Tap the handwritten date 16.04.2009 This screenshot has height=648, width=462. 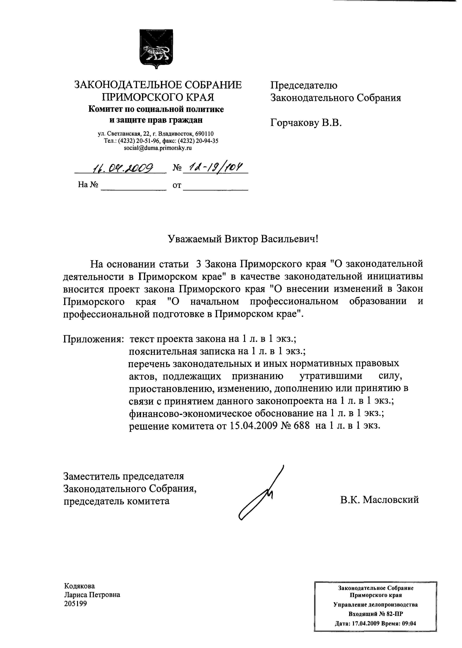tap(123, 169)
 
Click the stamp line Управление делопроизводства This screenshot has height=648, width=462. tap(376, 605)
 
